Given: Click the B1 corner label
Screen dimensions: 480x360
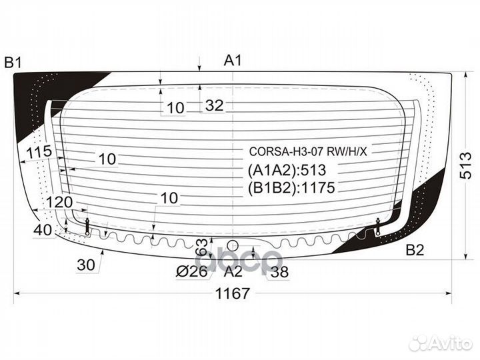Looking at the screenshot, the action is (x=13, y=63).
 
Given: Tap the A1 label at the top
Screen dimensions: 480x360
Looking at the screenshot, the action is (x=233, y=60).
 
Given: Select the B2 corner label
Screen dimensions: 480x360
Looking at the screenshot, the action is (x=415, y=250).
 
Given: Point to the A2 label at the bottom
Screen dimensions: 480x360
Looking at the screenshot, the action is (x=233, y=271).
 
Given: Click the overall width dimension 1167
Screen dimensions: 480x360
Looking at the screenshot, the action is (x=233, y=293).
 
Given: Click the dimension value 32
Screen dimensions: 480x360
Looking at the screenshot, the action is (x=214, y=105).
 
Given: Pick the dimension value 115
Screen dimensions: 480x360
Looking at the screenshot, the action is (x=39, y=151).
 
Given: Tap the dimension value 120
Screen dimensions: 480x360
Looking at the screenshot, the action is (x=59, y=203).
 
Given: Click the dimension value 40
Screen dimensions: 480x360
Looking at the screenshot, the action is (x=43, y=230).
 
